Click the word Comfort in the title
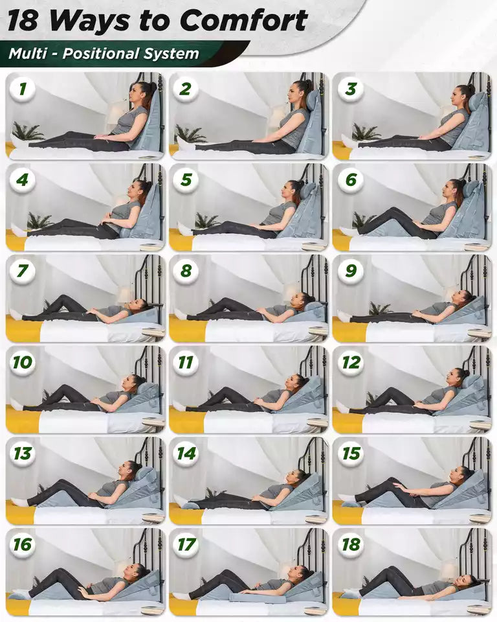tap(244, 20)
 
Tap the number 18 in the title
tap(23, 21)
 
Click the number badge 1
tap(22, 89)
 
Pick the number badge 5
tap(186, 180)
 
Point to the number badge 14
tap(186, 454)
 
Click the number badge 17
tap(186, 545)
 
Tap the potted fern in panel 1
tap(28, 132)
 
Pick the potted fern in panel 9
tap(380, 308)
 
